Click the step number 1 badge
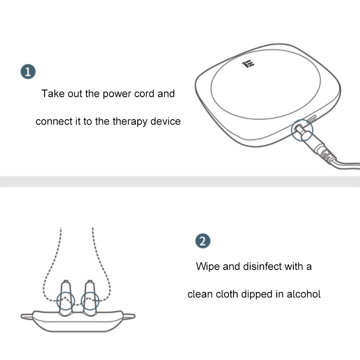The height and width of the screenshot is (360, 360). [28, 72]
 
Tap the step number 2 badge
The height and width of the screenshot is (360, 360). [203, 241]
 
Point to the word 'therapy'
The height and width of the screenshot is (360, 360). [130, 121]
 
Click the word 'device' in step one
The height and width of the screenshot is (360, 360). [166, 121]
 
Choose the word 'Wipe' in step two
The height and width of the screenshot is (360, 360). [208, 267]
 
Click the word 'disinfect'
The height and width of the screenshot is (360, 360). [262, 266]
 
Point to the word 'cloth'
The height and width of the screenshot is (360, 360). [227, 294]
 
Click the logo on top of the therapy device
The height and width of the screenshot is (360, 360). [248, 64]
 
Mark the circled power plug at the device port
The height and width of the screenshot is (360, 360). [302, 130]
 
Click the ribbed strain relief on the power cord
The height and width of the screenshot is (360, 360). [327, 154]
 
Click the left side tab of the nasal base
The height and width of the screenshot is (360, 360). [27, 317]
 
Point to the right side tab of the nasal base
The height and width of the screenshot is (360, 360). [129, 317]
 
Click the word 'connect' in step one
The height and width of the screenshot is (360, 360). [54, 121]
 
